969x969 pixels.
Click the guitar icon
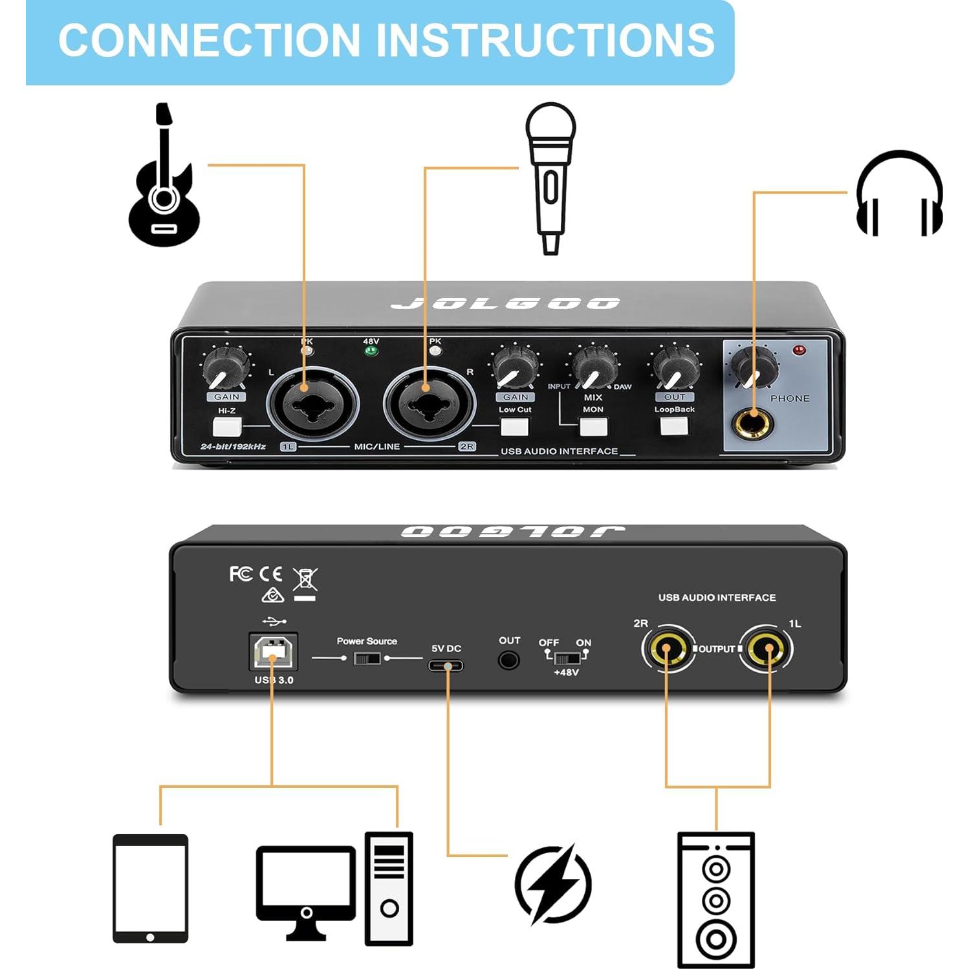[164, 181]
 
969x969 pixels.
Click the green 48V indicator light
[371, 351]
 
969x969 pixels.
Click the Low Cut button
[515, 427]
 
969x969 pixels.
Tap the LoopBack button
[674, 426]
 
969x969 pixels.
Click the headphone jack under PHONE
[752, 424]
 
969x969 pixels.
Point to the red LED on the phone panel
[800, 351]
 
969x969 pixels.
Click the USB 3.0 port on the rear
[273, 652]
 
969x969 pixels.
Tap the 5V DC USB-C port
[446, 665]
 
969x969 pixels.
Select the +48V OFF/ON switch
[567, 658]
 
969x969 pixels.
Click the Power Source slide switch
[367, 659]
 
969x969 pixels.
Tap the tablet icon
[150, 889]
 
